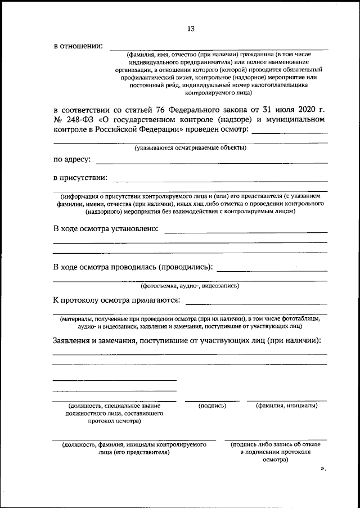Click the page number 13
[191, 29]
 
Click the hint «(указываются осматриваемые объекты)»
[190, 148]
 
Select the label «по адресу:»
[72, 160]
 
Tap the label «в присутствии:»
[80, 178]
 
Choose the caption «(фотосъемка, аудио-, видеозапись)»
[190, 285]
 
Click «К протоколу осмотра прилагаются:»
[116, 301]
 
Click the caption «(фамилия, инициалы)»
[286, 405]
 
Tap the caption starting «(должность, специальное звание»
[114, 406]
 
